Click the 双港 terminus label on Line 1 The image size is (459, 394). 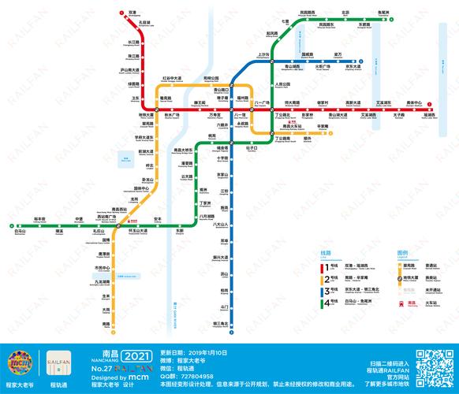(x=132, y=13)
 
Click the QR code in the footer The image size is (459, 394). (x=431, y=365)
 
